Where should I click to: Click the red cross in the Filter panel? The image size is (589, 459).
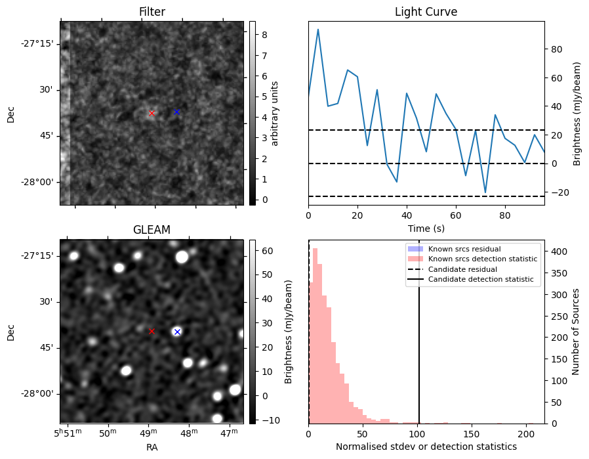[x=152, y=113]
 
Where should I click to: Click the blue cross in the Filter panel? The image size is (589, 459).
[x=176, y=112]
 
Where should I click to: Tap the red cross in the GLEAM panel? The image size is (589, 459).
[x=152, y=331]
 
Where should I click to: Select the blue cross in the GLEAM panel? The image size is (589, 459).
[x=177, y=332]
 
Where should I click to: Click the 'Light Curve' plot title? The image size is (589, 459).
[x=426, y=12]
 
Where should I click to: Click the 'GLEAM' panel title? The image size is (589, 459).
[x=152, y=230]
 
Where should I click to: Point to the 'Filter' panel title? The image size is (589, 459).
[x=152, y=12]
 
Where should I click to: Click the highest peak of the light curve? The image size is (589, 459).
[x=318, y=30]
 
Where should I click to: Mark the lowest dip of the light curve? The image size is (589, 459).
[x=485, y=192]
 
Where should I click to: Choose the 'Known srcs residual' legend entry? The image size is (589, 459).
[x=464, y=249]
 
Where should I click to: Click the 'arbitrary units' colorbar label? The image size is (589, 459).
[x=275, y=113]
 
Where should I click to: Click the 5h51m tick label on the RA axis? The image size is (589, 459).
[x=66, y=433]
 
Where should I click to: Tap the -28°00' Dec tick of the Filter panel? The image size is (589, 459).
[x=39, y=182]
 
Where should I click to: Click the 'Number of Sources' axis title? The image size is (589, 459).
[x=576, y=331]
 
